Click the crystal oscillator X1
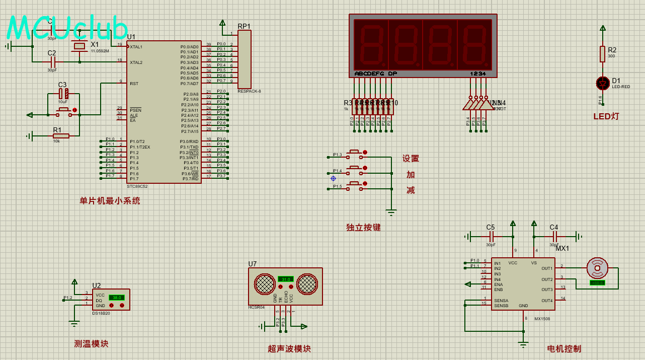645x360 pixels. tap(79, 47)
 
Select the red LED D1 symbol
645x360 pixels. tap(602, 83)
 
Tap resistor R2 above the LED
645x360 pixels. tap(602, 54)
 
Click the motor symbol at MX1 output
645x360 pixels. tap(597, 268)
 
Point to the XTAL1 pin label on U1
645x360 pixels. tap(136, 47)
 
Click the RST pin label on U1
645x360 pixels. tap(134, 84)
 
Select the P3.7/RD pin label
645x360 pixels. tap(190, 179)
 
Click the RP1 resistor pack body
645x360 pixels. tap(244, 59)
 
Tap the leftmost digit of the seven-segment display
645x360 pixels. tap(371, 45)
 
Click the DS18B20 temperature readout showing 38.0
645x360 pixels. tap(116, 298)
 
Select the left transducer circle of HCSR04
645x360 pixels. tap(265, 284)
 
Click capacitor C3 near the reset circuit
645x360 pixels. tap(63, 94)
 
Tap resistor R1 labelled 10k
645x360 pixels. tap(61, 135)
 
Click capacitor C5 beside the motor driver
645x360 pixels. tap(491, 236)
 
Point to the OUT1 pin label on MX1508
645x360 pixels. tap(547, 268)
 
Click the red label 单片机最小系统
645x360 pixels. tap(110, 201)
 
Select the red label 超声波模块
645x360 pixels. tap(289, 349)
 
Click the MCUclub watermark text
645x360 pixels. tap(67, 28)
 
